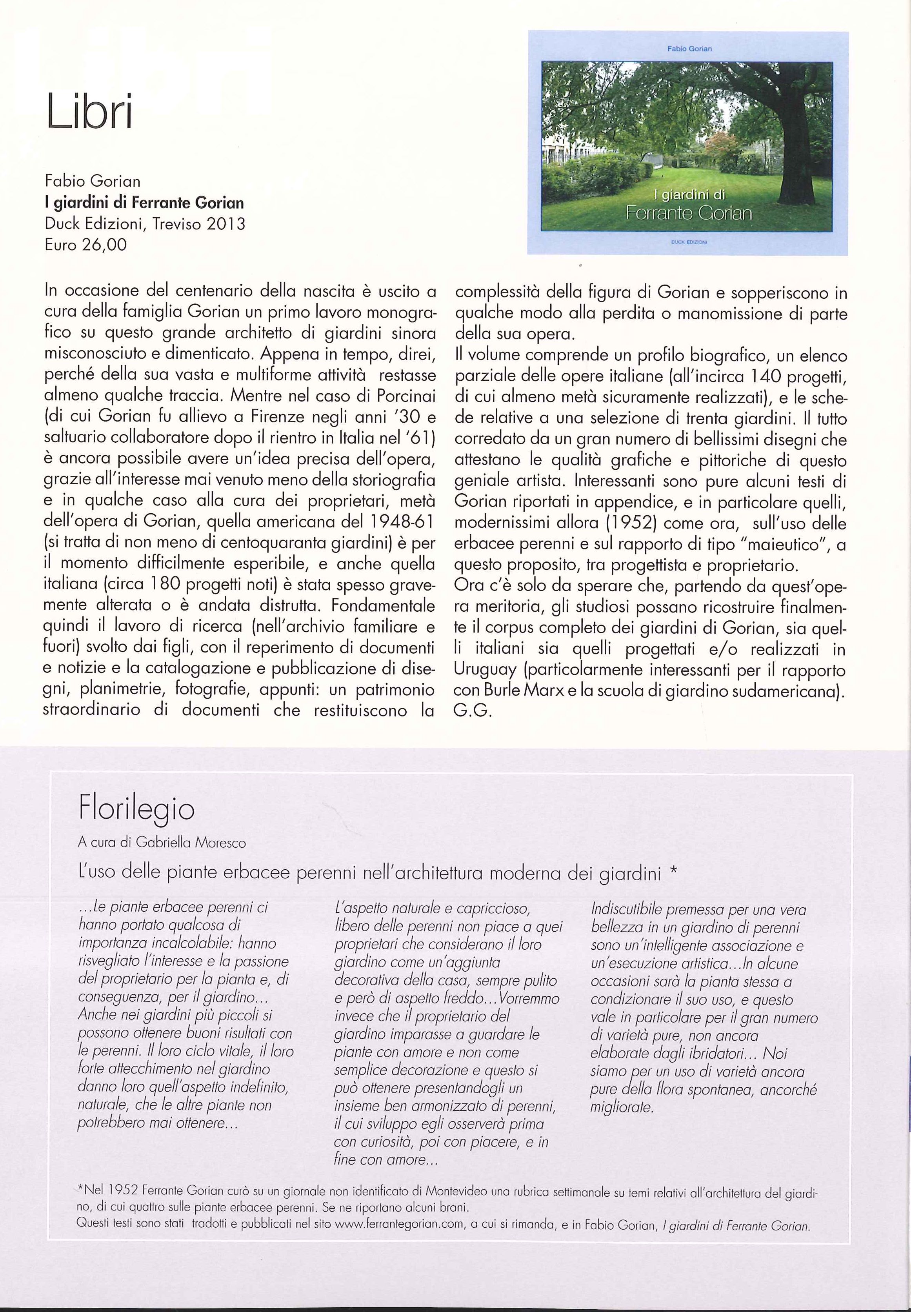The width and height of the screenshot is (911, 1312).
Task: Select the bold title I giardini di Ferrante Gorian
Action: [x=144, y=203]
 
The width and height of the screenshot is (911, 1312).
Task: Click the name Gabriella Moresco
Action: [x=198, y=842]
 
